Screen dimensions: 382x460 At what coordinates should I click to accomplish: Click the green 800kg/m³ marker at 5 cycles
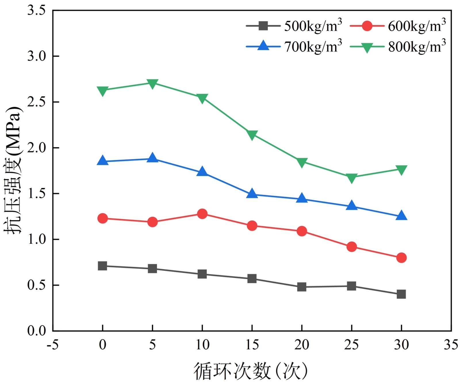click(x=152, y=84)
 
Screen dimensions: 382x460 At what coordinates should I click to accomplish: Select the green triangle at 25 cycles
click(x=351, y=178)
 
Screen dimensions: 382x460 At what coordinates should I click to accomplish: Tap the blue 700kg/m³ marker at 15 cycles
click(x=252, y=194)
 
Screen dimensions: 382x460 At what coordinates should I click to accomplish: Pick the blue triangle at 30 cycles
click(x=401, y=216)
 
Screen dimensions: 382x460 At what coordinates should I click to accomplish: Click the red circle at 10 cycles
click(x=202, y=214)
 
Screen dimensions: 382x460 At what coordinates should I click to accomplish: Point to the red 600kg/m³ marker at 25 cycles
click(x=351, y=247)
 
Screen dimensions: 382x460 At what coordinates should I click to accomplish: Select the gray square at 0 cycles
click(x=103, y=266)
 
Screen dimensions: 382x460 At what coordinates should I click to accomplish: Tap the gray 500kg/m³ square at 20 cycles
click(x=302, y=287)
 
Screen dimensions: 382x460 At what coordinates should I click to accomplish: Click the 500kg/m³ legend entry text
click(x=313, y=26)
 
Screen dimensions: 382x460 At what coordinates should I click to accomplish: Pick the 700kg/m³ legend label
click(x=313, y=47)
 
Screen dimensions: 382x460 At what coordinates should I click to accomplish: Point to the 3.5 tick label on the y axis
click(x=37, y=10)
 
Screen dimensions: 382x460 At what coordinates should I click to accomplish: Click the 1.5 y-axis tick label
click(x=37, y=194)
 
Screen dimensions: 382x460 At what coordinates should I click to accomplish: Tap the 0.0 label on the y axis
click(x=37, y=331)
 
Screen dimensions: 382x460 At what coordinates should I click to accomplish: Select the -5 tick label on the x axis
click(x=53, y=345)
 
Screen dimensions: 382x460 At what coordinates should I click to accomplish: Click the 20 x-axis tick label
click(x=302, y=345)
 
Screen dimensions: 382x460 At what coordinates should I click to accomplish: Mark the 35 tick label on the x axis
click(x=451, y=345)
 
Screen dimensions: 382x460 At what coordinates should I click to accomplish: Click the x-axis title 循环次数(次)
click(x=250, y=371)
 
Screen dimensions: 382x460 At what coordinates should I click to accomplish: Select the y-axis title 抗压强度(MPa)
click(x=13, y=170)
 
